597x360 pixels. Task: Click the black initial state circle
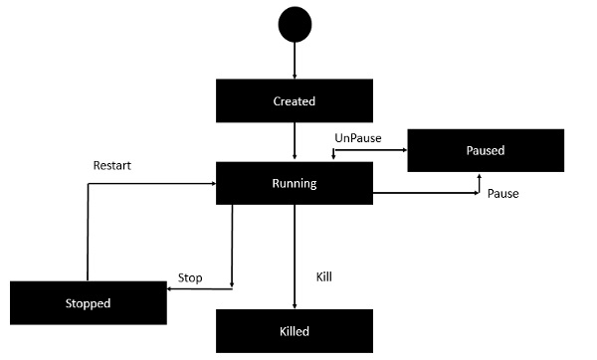pos(295,25)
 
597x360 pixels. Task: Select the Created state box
pos(295,101)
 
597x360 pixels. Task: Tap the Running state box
pos(295,183)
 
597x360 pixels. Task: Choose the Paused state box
pos(486,151)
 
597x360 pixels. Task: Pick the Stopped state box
pos(88,302)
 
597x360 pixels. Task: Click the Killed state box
pos(295,331)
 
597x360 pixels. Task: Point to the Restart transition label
pos(111,164)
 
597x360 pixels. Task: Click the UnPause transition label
pos(357,136)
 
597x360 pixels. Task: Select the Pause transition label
pos(502,193)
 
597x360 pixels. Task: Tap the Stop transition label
pos(189,277)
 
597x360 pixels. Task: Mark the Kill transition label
pos(323,275)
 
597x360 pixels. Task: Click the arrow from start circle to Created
pos(295,62)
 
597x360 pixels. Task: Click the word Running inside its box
pos(295,183)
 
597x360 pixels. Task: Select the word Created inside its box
pos(295,101)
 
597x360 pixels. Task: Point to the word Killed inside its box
pos(295,331)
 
